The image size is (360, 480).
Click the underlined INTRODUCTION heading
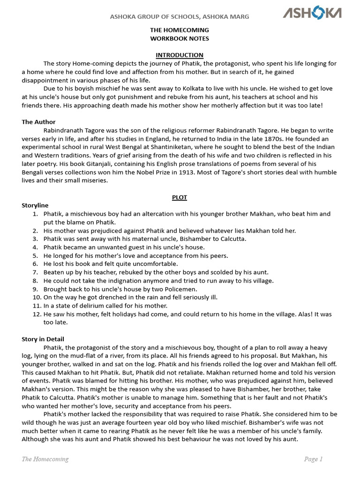[180, 55]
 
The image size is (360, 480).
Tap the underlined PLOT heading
[180, 197]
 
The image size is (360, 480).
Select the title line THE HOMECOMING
[180, 30]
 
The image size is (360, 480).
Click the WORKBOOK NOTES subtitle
[180, 38]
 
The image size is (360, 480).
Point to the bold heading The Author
[38, 122]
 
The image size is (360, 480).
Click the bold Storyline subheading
[35, 205]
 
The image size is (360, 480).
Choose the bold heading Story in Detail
[43, 339]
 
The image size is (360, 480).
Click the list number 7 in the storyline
[35, 272]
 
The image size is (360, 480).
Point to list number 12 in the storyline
[37, 314]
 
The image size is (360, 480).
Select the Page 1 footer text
[313, 459]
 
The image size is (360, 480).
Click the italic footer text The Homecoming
[45, 459]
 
